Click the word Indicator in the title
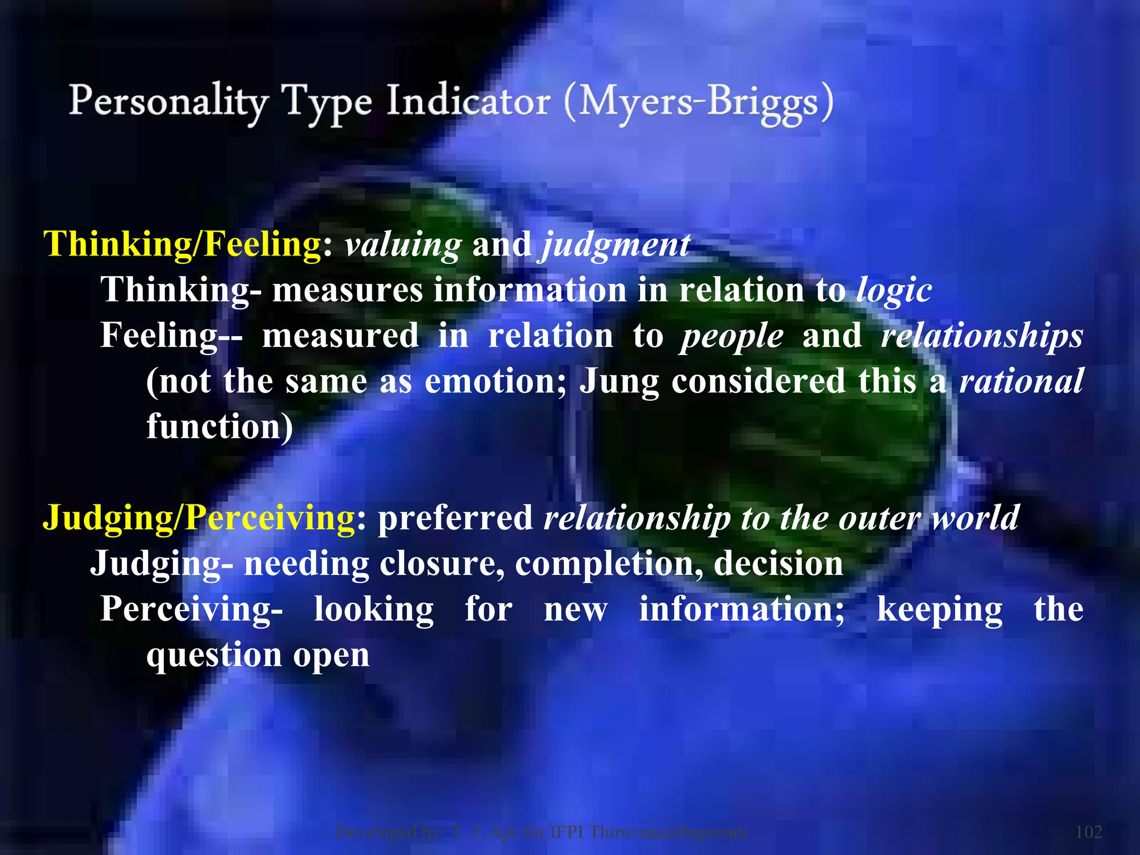click(x=469, y=102)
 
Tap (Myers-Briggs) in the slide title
click(x=699, y=103)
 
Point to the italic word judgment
click(x=616, y=245)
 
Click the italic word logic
click(x=894, y=291)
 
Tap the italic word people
click(x=731, y=337)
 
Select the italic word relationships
click(x=982, y=337)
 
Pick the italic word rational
click(x=1021, y=381)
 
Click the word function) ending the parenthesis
click(x=219, y=427)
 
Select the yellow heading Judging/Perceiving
click(x=199, y=518)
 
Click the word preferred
click(x=455, y=518)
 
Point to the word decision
click(x=778, y=563)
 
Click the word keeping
click(x=940, y=610)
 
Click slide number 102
click(x=1089, y=832)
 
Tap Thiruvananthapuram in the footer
click(x=668, y=832)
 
